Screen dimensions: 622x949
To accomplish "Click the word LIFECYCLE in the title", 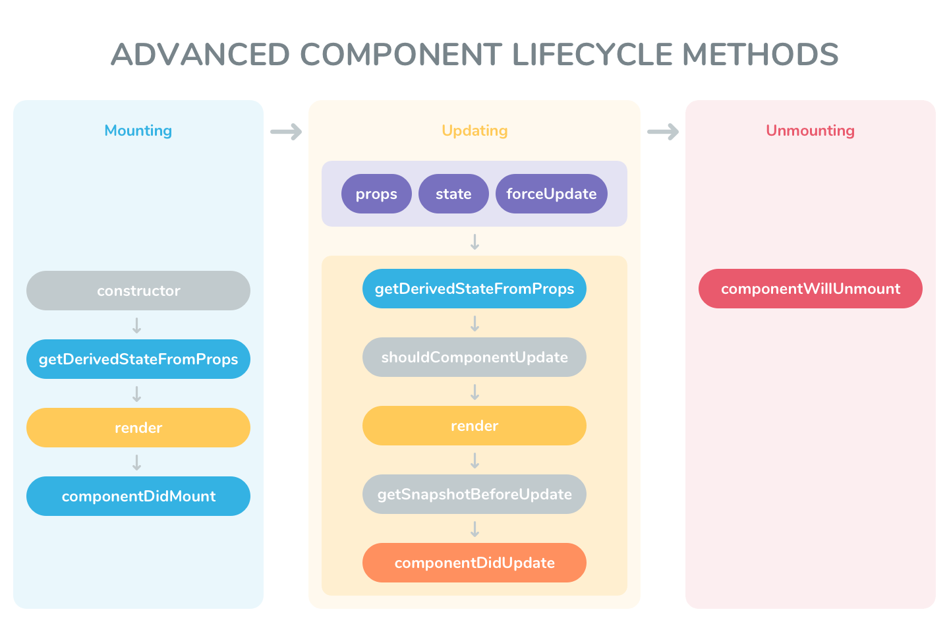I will pos(592,55).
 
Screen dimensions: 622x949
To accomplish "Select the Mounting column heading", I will pos(138,130).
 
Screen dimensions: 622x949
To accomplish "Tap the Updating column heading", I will pos(474,130).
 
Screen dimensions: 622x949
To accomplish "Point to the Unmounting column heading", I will pos(810,130).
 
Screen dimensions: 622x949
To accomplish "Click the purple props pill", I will pos(376,194).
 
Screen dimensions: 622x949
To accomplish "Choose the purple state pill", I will pos(453,194).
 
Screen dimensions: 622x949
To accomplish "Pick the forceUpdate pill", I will pos(551,194).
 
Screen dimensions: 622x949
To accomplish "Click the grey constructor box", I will pos(138,291).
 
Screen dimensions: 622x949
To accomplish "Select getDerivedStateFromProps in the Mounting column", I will pos(138,359).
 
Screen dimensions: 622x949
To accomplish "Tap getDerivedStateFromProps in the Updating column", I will pos(474,289).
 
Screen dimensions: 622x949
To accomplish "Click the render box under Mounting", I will pos(138,428).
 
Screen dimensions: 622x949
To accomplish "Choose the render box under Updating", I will pos(474,426).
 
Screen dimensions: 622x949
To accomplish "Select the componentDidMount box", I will pos(138,496).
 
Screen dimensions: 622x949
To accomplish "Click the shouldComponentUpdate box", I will pos(474,357).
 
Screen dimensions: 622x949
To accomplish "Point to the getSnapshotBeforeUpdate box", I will pos(474,494).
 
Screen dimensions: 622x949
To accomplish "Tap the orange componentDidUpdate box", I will pos(474,563).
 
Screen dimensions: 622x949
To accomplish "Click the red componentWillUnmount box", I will pos(810,289).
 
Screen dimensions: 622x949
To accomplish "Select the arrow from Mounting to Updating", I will pos(286,132).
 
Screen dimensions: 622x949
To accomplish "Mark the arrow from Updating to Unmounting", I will pos(663,132).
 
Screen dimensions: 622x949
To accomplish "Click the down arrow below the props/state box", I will pos(474,242).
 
